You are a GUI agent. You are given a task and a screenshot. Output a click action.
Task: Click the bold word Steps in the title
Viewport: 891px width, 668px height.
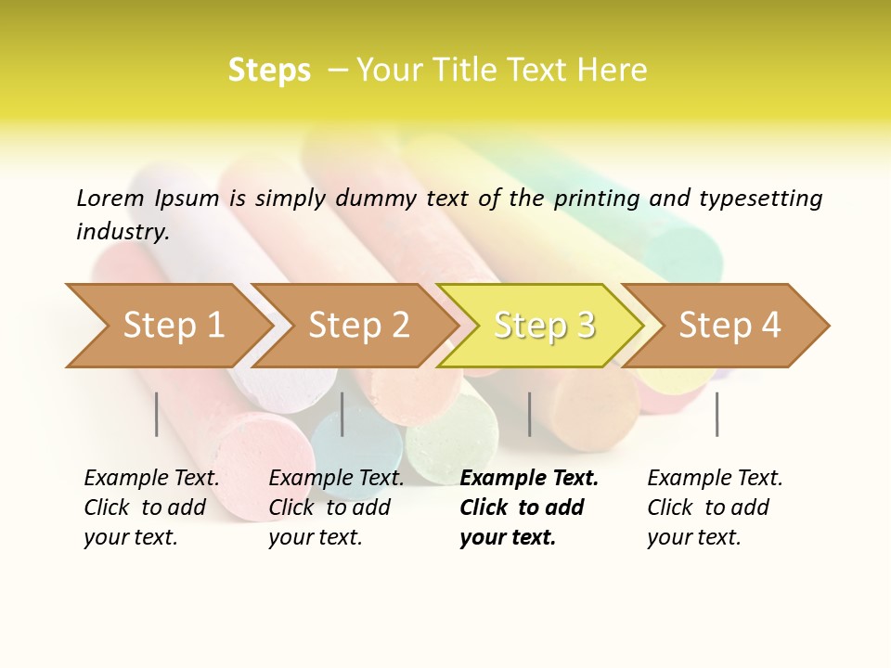pos(269,71)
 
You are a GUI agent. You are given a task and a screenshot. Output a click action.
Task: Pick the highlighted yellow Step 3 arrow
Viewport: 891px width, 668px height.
pos(544,325)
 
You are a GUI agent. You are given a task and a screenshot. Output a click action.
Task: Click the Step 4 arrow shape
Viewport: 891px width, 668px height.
pos(730,325)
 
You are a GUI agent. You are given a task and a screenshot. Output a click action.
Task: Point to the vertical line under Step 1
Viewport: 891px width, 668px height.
pos(157,414)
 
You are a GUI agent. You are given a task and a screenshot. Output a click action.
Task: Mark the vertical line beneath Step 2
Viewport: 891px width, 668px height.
pos(342,414)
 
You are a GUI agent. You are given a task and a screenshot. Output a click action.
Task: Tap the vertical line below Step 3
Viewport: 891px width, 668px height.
pos(530,414)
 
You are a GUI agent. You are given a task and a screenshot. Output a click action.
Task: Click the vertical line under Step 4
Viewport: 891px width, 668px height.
pos(717,414)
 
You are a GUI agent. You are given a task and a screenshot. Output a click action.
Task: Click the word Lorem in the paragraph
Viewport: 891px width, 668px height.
pos(110,198)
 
